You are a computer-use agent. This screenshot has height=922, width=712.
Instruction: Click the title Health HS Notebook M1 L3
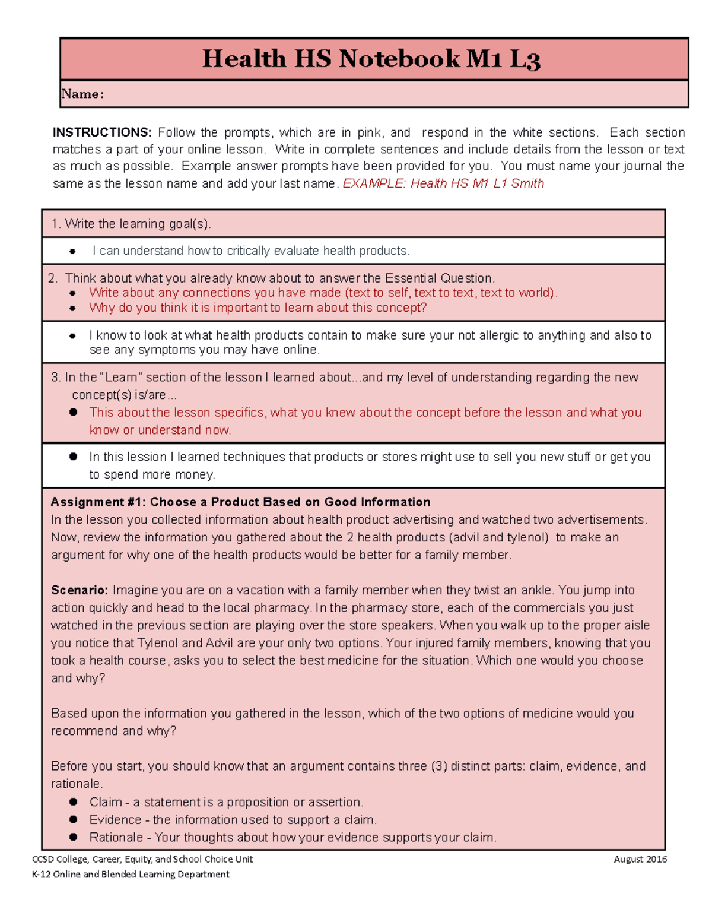tap(371, 59)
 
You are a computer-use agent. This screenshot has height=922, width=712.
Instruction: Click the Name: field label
tap(82, 94)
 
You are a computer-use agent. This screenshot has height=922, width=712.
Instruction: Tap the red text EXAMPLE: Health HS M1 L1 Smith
tap(443, 183)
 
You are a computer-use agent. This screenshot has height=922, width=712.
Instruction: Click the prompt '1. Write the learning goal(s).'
tap(131, 224)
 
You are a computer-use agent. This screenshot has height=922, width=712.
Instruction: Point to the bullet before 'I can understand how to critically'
tap(72, 251)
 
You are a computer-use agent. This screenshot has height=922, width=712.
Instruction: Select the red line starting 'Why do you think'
tap(258, 308)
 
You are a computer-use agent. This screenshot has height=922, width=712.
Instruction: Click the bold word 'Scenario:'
tap(80, 590)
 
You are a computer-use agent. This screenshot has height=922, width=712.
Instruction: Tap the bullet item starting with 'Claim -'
tap(225, 802)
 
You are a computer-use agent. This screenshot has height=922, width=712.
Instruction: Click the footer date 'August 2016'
tap(640, 859)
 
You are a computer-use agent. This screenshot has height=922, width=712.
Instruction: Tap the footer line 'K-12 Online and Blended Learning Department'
tap(131, 874)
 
